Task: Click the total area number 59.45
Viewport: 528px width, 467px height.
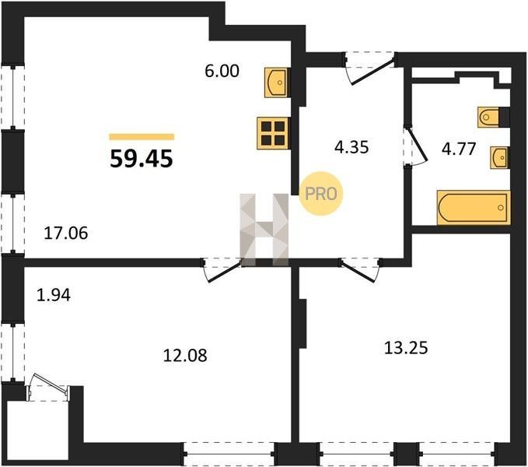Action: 142,159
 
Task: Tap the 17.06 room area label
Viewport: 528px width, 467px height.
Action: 66,233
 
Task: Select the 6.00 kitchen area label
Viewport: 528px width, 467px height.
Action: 222,71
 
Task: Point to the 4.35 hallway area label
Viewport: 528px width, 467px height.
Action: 351,147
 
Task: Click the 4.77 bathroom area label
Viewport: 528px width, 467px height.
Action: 459,149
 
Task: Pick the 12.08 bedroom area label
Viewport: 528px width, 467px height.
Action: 185,356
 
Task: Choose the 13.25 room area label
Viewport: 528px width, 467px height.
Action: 406,348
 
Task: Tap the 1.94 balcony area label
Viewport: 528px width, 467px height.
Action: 54,295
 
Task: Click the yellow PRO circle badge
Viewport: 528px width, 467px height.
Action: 321,194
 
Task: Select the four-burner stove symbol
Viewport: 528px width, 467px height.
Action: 273,133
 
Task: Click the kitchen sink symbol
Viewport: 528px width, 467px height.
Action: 276,83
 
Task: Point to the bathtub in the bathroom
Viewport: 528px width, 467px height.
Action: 474,208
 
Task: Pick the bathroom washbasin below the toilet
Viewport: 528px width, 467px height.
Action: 500,157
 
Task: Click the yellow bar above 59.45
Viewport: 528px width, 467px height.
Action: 142,136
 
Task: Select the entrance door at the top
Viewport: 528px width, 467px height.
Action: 369,69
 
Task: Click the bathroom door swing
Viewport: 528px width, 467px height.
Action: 416,146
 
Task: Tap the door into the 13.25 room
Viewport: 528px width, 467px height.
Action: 361,269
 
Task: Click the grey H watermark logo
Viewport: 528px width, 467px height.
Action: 264,230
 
